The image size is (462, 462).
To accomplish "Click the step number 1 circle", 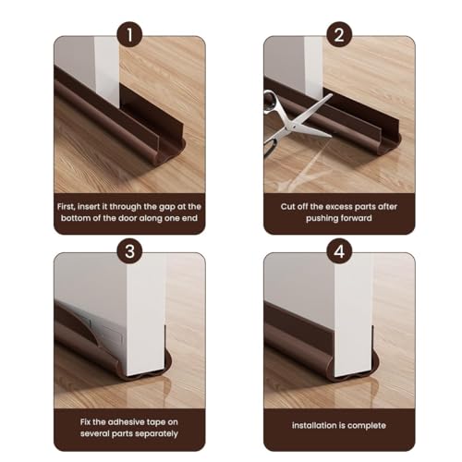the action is (x=129, y=34).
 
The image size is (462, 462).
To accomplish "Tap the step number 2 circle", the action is (x=339, y=34).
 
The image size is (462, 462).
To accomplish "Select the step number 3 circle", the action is (x=129, y=251).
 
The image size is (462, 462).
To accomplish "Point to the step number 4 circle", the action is (x=339, y=251).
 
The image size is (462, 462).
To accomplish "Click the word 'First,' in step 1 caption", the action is (x=66, y=207).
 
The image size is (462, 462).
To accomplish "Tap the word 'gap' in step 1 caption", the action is (x=166, y=207).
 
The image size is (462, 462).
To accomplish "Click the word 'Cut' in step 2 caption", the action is (x=287, y=206).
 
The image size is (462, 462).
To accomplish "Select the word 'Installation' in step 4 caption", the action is (x=313, y=425).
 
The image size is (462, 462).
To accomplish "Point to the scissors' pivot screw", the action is (x=296, y=125).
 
